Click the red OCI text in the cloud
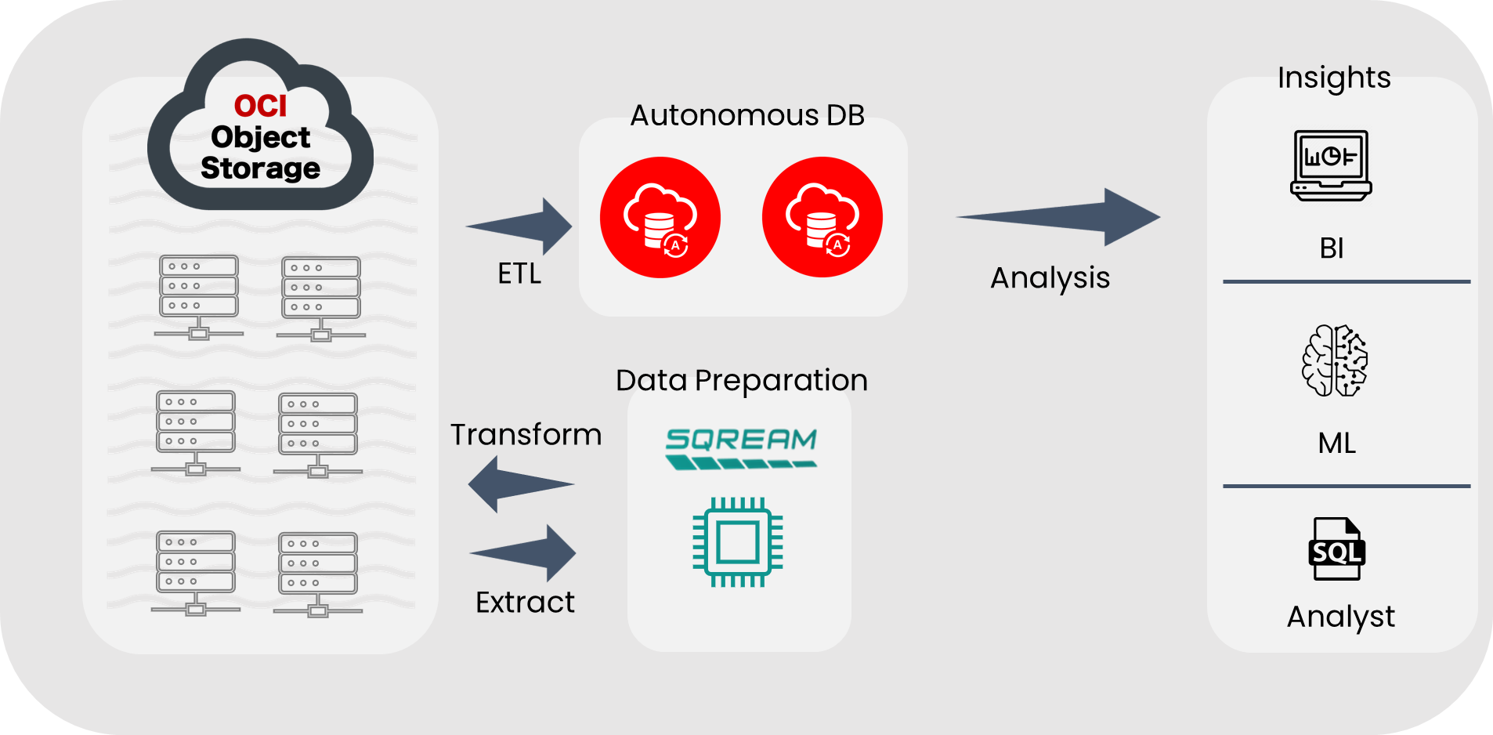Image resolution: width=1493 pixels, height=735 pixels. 260,106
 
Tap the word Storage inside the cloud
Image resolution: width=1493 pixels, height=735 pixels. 260,168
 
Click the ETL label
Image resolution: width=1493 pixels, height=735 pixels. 519,273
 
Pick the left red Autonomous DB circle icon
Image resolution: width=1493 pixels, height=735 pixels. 660,217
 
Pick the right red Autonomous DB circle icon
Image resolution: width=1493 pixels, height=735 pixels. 822,217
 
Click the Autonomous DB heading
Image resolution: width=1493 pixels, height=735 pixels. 747,115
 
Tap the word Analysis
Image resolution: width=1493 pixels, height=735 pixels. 1050,277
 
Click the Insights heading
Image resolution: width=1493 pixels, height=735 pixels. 1334,78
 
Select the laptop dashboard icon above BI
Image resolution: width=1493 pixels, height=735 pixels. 1331,165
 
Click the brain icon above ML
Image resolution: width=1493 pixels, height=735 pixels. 1335,360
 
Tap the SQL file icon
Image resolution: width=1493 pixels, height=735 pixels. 1336,549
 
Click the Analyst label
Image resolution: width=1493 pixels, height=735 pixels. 1340,617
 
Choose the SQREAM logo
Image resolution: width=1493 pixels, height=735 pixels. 740,447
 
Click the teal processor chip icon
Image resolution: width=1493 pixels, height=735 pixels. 738,542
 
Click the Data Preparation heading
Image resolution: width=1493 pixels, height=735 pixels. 741,380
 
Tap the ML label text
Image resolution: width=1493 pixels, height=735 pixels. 1336,444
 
